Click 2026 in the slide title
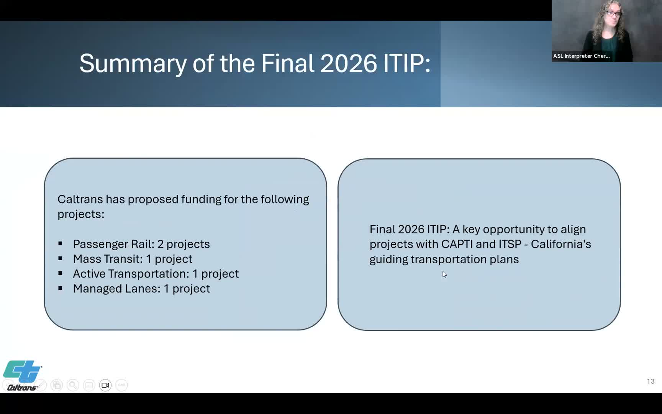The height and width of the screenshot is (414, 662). click(349, 63)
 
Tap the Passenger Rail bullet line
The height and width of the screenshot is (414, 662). click(141, 244)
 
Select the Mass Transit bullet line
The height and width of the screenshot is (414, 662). click(132, 259)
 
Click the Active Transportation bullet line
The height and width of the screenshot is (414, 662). click(156, 274)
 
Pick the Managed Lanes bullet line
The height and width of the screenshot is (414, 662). click(141, 289)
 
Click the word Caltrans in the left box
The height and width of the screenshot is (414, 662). click(80, 199)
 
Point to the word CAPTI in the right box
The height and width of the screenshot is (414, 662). click(457, 244)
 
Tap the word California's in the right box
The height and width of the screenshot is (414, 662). click(561, 244)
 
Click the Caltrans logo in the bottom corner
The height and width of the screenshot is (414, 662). click(22, 375)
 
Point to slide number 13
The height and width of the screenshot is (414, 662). click(651, 381)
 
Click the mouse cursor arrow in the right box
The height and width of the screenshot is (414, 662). click(444, 274)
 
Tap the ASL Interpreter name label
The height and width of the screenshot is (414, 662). click(581, 56)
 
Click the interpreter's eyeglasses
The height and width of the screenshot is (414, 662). click(613, 14)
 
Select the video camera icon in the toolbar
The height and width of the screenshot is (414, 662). click(105, 385)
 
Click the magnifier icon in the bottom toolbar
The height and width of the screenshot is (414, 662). click(73, 385)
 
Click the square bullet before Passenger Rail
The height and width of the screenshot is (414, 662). click(60, 244)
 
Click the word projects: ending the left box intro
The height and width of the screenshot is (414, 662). click(81, 214)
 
